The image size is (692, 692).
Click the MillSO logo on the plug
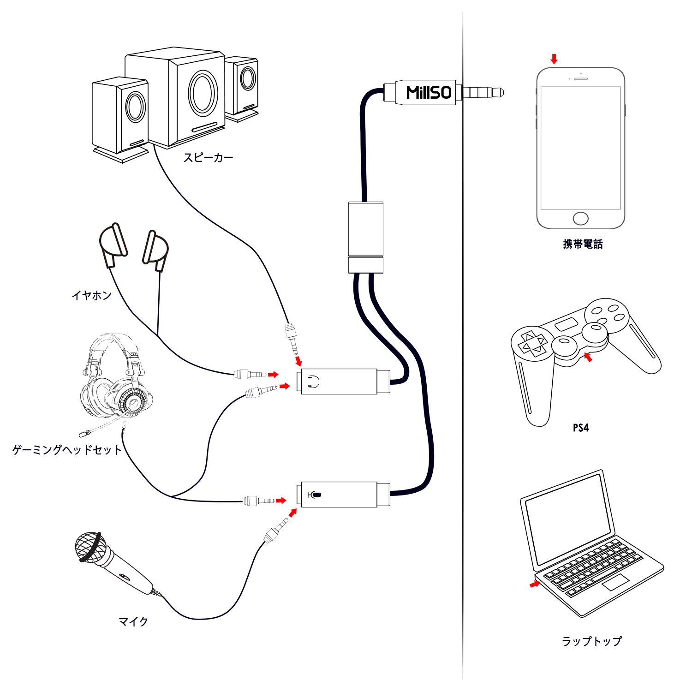click(429, 92)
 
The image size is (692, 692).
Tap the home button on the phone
click(580, 218)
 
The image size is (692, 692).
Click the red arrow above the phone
click(555, 59)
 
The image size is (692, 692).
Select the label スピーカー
click(209, 158)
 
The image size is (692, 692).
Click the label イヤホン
click(92, 295)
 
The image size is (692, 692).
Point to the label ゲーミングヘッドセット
click(67, 450)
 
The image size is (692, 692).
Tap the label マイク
click(133, 621)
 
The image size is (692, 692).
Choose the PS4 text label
click(581, 428)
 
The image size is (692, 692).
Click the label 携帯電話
click(583, 244)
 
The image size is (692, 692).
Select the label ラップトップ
click(591, 641)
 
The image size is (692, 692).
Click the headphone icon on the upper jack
click(313, 381)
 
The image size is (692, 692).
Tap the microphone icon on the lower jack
click(315, 495)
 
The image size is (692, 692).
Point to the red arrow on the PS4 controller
click(587, 357)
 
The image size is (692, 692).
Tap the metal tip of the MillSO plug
click(483, 92)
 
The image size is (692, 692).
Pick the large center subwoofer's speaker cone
click(203, 93)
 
